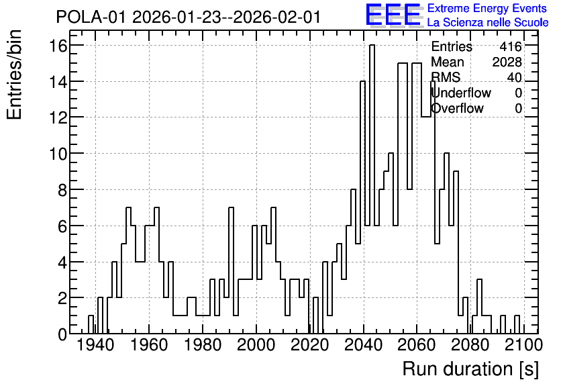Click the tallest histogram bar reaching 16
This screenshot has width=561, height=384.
pos(372,189)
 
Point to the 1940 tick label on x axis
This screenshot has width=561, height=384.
pos(95,346)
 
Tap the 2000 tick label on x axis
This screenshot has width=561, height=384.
pos(256,346)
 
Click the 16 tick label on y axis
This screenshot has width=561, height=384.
pos(58,46)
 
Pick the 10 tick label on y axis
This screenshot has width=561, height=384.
pos(58,154)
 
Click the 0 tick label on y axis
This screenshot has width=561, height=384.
pos(62,334)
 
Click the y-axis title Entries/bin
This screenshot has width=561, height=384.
pos(15,75)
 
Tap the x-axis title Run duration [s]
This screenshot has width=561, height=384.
pos(470,369)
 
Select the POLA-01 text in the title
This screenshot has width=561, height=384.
pos(91,17)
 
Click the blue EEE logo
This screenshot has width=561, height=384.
pos(393,15)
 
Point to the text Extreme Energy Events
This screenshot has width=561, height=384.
pos(487,8)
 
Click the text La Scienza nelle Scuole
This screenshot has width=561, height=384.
pos(488,22)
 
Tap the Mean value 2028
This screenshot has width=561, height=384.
pos(507,62)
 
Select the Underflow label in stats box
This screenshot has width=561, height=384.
pos(461,93)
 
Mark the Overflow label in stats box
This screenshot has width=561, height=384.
pos(457,108)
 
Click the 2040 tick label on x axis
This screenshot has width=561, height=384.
pos(363,346)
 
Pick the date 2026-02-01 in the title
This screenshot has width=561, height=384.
pos(276,17)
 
